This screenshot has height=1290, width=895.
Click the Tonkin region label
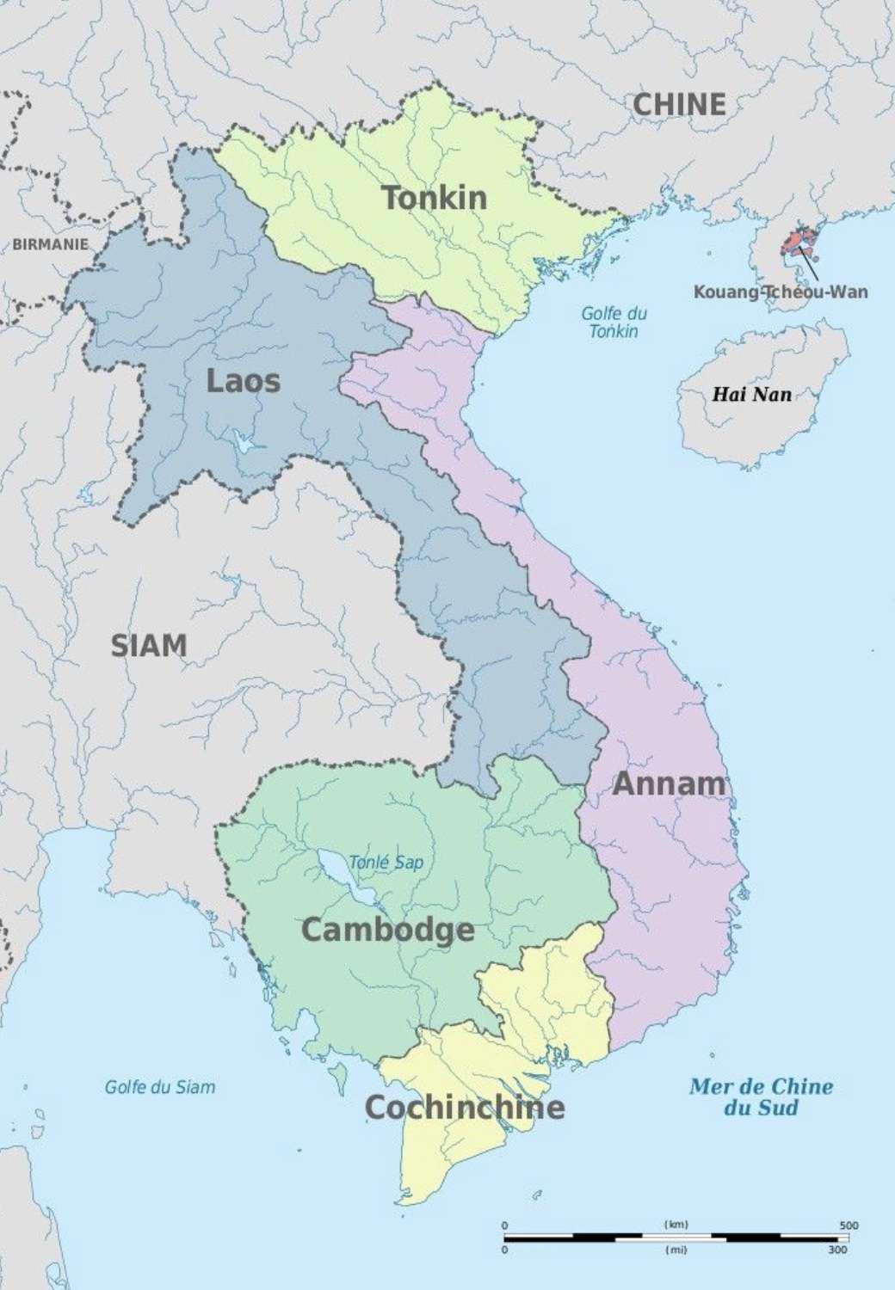pyautogui.click(x=435, y=198)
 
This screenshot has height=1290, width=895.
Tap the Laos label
pyautogui.click(x=243, y=380)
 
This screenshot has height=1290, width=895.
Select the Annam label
pyautogui.click(x=669, y=783)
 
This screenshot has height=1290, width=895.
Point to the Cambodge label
pyautogui.click(x=387, y=930)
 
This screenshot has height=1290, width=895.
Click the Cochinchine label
pyautogui.click(x=465, y=1107)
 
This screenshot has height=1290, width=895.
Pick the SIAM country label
pyautogui.click(x=148, y=645)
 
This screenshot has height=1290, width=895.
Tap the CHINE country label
pyautogui.click(x=680, y=104)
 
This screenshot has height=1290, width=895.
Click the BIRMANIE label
pyautogui.click(x=50, y=244)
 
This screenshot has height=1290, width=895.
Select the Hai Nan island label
pyautogui.click(x=751, y=395)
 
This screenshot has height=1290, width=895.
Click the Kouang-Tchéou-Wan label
pyautogui.click(x=781, y=292)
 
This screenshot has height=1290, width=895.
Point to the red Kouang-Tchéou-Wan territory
pyautogui.click(x=798, y=240)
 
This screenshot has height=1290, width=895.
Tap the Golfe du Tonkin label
pyautogui.click(x=614, y=322)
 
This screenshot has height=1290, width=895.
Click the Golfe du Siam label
pyautogui.click(x=160, y=1087)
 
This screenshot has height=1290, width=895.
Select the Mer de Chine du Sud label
pyautogui.click(x=761, y=1096)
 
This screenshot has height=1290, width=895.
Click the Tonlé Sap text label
pyautogui.click(x=386, y=862)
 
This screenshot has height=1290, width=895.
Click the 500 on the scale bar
pyautogui.click(x=849, y=1225)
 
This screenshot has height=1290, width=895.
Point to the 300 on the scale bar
pyautogui.click(x=837, y=1250)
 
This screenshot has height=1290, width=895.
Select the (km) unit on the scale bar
pyautogui.click(x=676, y=1224)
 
